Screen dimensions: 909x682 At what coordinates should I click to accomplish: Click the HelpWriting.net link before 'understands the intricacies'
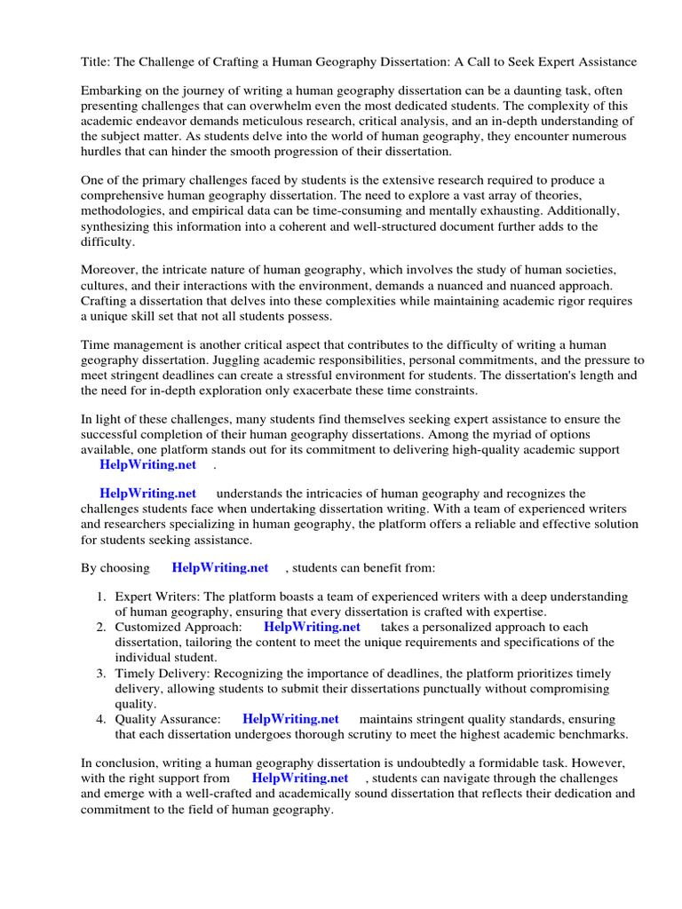click(147, 494)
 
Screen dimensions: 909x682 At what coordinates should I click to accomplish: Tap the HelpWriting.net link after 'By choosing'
click(220, 568)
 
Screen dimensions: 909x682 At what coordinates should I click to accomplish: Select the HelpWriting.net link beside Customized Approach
click(312, 627)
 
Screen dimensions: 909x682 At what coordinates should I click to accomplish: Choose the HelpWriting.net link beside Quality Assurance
click(290, 719)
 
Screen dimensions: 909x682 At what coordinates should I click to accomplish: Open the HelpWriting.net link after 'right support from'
click(300, 779)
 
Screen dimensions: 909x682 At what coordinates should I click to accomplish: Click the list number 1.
click(101, 597)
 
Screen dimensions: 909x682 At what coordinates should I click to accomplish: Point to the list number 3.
click(101, 673)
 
